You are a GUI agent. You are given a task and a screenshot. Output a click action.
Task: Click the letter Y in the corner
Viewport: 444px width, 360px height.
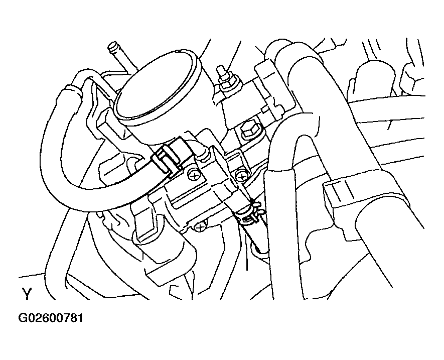27,294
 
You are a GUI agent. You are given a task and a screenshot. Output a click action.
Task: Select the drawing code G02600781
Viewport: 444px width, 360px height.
51,318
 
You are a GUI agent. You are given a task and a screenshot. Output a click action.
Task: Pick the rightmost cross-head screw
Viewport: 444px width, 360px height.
241,176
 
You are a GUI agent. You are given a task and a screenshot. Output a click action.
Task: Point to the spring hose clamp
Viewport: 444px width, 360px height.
252,212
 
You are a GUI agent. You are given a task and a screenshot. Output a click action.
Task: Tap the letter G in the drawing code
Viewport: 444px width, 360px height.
24,318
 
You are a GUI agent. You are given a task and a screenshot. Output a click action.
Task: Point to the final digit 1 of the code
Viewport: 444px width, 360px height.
80,318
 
